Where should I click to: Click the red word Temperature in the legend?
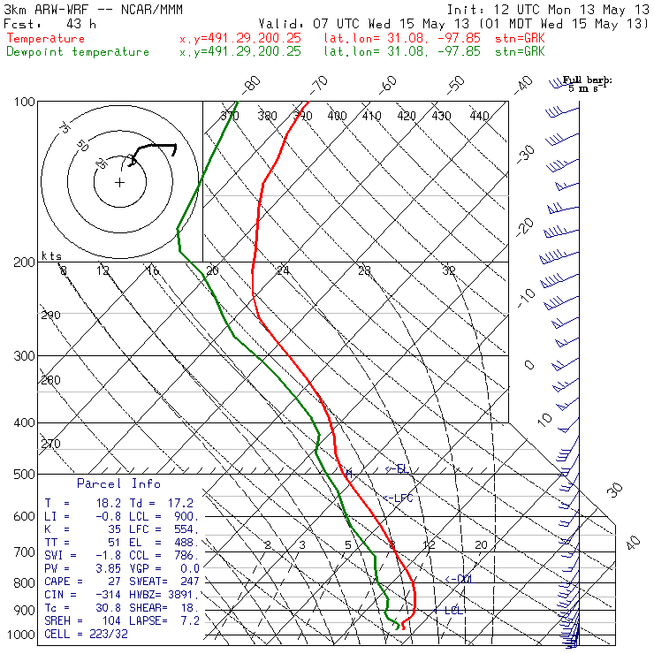point(46,39)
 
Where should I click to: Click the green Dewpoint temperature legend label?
point(78,52)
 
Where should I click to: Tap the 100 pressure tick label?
point(25,103)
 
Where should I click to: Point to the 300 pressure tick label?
point(25,356)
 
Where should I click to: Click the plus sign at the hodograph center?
point(120,182)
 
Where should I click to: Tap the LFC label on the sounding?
point(401,498)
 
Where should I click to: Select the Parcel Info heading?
point(118,483)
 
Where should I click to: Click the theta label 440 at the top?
point(479,116)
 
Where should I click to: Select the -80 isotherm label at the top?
point(253,84)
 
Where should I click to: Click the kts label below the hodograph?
point(52,256)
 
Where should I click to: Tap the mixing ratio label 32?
point(449,270)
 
